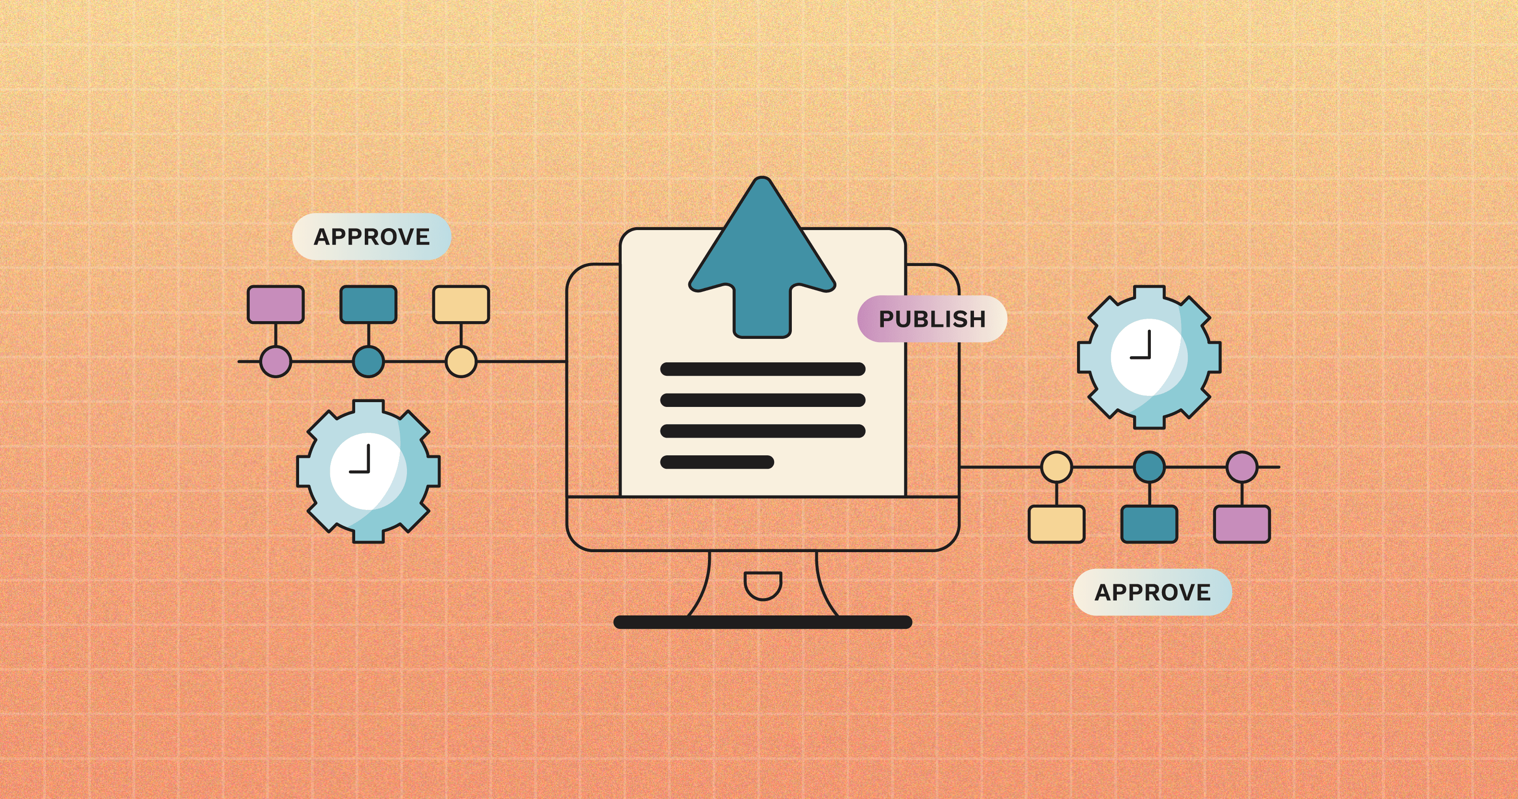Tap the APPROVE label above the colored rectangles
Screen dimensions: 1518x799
(x=371, y=236)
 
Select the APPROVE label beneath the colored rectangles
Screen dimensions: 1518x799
(x=1152, y=592)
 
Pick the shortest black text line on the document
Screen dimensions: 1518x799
(x=717, y=462)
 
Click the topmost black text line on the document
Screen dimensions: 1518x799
(x=763, y=370)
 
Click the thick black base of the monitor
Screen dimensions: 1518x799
(x=763, y=622)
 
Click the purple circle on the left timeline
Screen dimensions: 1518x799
(x=276, y=361)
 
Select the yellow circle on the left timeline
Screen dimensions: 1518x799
(x=461, y=361)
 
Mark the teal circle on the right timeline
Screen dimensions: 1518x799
(x=1149, y=467)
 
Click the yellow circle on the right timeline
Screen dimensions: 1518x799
(x=1056, y=467)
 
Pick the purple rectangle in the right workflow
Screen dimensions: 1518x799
(x=1241, y=524)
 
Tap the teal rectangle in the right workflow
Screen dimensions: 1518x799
(x=1149, y=524)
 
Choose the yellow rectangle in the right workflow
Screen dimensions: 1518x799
(x=1056, y=524)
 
